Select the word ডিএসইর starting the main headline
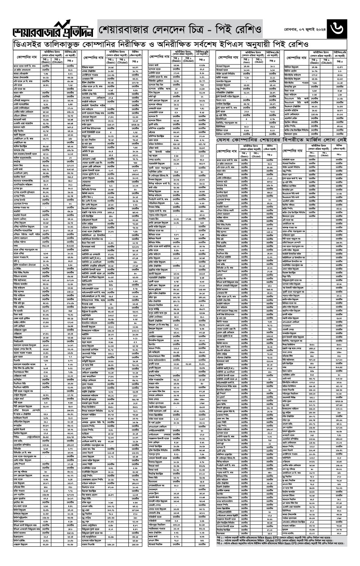tap(27, 44)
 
